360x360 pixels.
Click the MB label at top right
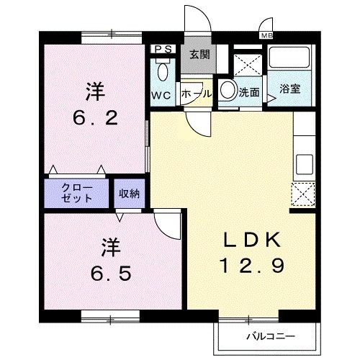[x=267, y=35]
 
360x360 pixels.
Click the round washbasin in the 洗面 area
[x=228, y=91]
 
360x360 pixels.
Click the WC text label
[x=160, y=94]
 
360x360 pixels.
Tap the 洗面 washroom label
[x=250, y=92]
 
